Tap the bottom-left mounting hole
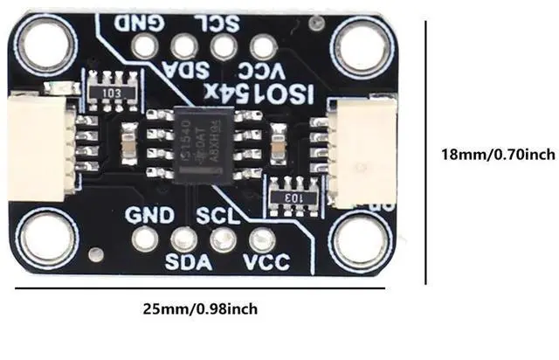click(44, 238)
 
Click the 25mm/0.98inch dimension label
click(201, 308)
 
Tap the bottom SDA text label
click(185, 261)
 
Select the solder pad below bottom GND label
click(146, 238)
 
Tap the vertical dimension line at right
click(426, 154)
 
